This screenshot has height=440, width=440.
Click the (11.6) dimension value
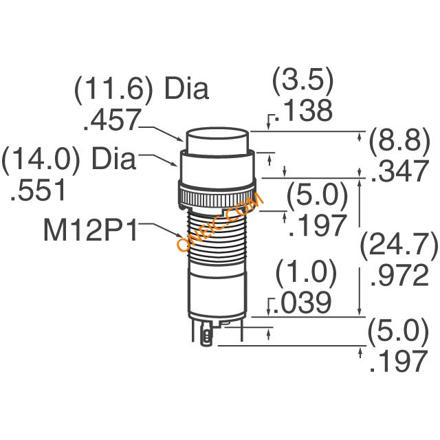tap(113, 88)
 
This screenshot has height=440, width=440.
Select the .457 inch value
tap(111, 120)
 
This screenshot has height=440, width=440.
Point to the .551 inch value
tap(38, 190)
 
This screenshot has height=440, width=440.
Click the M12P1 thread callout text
tap(90, 231)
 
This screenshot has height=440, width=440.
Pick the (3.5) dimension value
tap(303, 80)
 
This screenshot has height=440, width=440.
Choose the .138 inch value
tap(304, 111)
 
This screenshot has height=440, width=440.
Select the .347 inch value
tap(400, 171)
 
